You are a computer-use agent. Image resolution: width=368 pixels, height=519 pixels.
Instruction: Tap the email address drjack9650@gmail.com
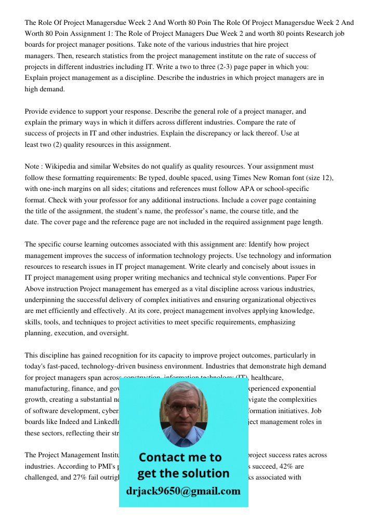pos(183,490)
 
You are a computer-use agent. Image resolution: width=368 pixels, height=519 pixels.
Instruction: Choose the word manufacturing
pos(47,388)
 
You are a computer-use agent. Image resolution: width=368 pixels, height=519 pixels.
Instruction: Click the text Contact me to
pos(180,457)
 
